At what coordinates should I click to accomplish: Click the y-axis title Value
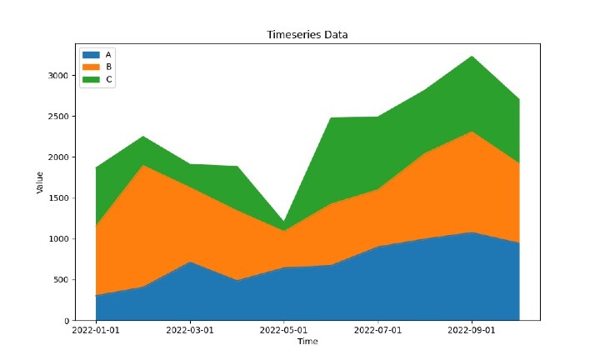[39, 182]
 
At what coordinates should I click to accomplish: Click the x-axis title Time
[307, 342]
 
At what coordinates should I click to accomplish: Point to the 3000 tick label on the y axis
[58, 75]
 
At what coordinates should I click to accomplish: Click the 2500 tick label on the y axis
[58, 116]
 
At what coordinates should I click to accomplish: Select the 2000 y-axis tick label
[58, 157]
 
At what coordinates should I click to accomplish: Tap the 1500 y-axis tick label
[58, 197]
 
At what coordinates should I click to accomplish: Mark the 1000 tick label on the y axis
[58, 238]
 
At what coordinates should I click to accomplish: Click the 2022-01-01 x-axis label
[96, 331]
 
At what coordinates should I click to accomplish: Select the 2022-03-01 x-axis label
[190, 331]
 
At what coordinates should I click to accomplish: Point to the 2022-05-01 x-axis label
[284, 331]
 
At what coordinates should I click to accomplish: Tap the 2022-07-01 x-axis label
[378, 331]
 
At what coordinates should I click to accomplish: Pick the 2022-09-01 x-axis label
[472, 331]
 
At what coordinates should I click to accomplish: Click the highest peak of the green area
[472, 56]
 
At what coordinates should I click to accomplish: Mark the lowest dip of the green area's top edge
[284, 222]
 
